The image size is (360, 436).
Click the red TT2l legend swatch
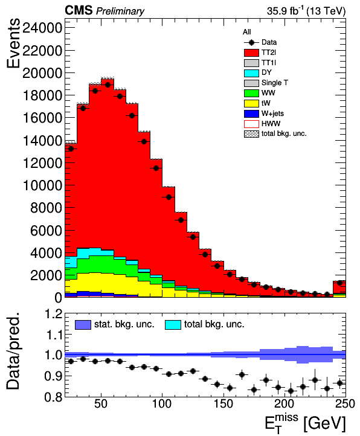(x=251, y=53)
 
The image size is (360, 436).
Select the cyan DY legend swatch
(x=251, y=73)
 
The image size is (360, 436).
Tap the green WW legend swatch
(x=251, y=93)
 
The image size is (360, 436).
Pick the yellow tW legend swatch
(x=251, y=103)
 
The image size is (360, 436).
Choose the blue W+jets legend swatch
(x=251, y=114)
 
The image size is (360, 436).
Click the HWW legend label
(x=271, y=124)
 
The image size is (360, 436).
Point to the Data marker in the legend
(x=251, y=42)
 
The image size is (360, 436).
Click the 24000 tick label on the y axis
(x=42, y=28)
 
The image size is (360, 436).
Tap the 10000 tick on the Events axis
(x=42, y=185)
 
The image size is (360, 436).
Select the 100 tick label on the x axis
(x=162, y=403)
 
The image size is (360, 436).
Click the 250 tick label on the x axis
(x=345, y=403)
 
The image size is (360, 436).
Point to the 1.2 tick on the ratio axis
(x=53, y=314)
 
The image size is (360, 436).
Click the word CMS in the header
(x=79, y=10)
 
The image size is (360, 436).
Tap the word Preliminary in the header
(x=120, y=11)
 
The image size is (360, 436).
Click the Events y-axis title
(x=13, y=43)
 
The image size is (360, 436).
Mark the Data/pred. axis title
(x=13, y=350)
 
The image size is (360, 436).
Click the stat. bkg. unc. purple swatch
(x=83, y=325)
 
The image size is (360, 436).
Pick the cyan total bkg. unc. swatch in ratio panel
(x=173, y=325)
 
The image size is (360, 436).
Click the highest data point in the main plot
(x=108, y=85)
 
